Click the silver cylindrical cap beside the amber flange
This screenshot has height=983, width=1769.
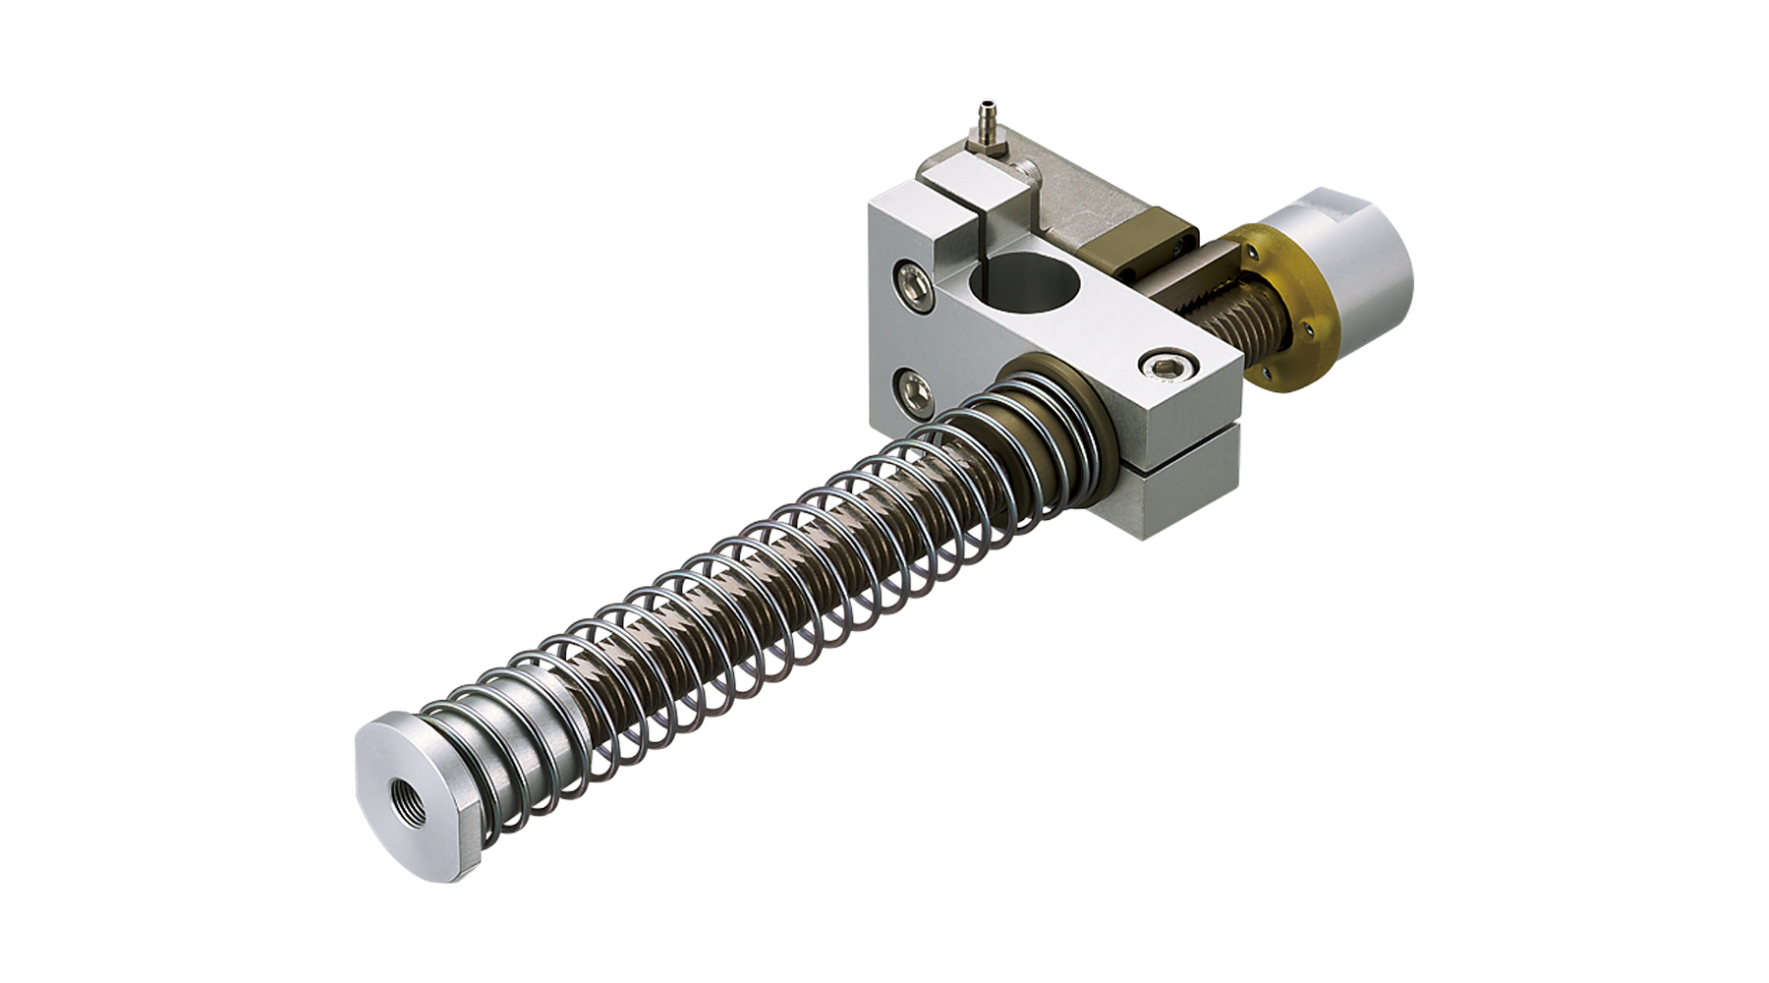[x=1361, y=246]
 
